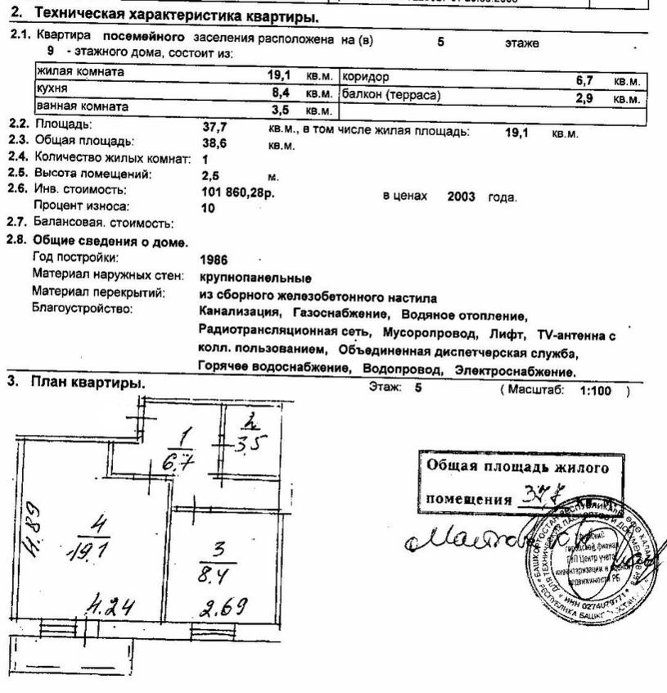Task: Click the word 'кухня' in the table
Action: [x=51, y=88]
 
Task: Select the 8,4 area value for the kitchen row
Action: [x=281, y=93]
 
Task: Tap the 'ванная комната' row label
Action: [x=82, y=106]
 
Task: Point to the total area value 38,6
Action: [x=214, y=143]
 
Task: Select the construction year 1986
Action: [x=214, y=260]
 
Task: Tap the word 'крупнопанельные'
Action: [x=255, y=278]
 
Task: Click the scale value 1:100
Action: [x=595, y=391]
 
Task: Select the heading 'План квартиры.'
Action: [x=88, y=383]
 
